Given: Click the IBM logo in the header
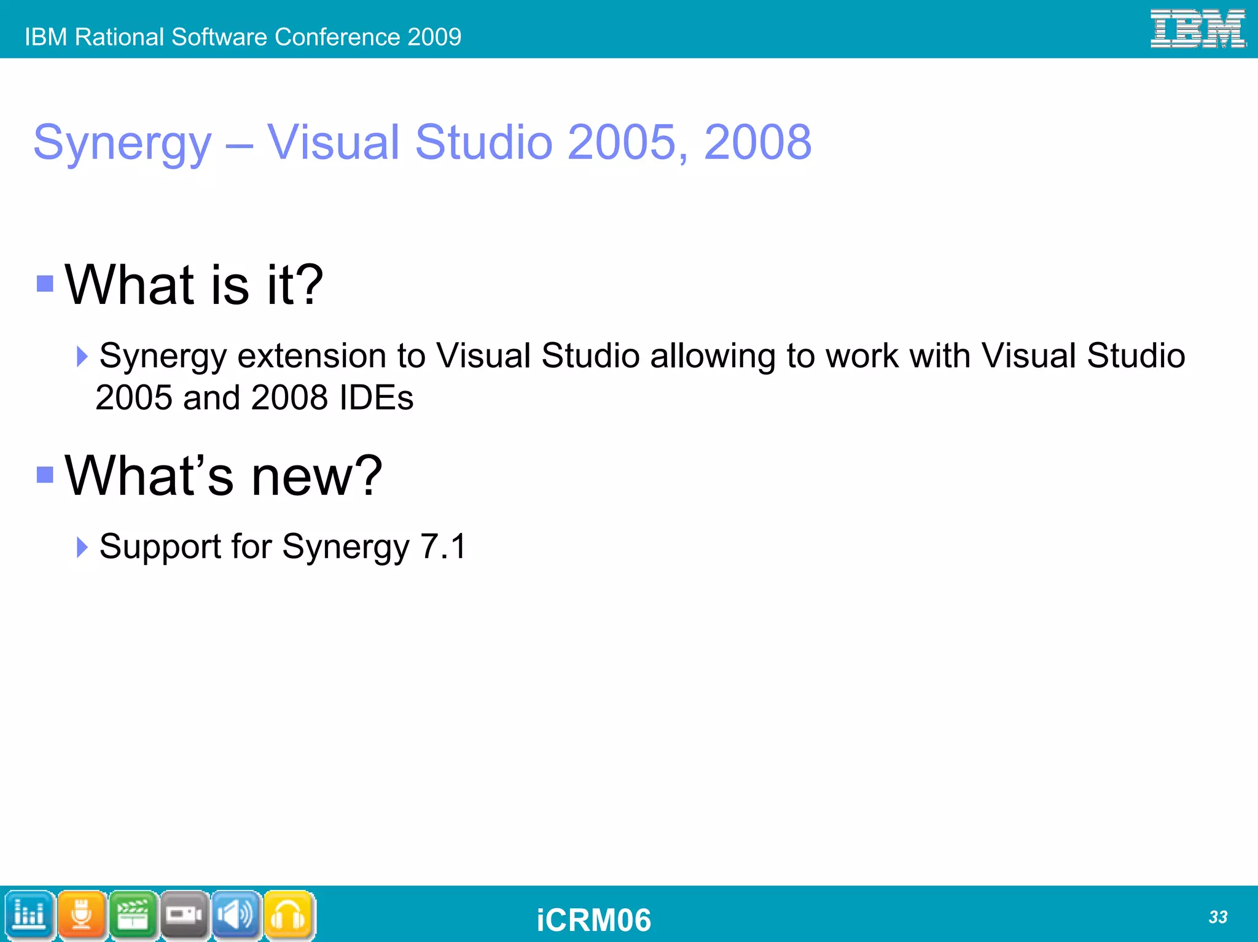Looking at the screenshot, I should [x=1197, y=28].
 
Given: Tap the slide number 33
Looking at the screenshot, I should [x=1217, y=917].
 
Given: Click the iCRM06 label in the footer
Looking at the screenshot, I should [x=593, y=920].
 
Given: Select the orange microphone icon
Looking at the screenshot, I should [x=82, y=915].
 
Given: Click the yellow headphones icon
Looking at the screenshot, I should [x=289, y=915].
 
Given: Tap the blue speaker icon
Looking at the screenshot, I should [x=236, y=915].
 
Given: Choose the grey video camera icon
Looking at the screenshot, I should [x=185, y=915].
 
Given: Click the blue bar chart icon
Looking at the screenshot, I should [x=29, y=915].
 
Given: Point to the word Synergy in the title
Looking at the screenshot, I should [x=122, y=144].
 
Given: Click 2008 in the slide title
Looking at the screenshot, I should [x=757, y=142].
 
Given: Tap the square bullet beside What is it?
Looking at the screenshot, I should [x=45, y=283].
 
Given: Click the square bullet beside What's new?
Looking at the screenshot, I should [x=45, y=475].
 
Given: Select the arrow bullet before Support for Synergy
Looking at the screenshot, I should [x=82, y=547].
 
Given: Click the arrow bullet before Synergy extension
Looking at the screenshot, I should [x=82, y=356].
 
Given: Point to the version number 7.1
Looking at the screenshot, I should [x=443, y=546].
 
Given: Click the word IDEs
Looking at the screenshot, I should [x=376, y=397].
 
